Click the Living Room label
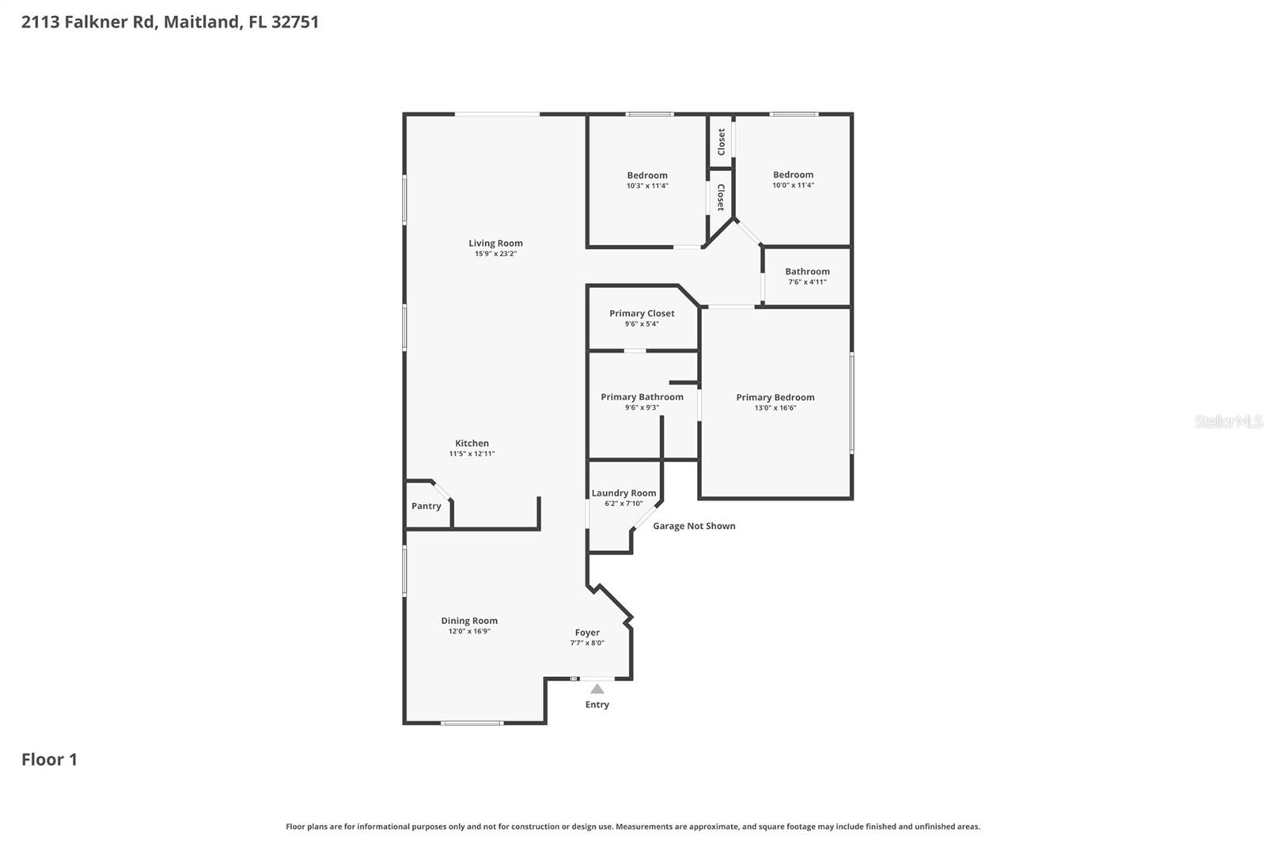[495, 244]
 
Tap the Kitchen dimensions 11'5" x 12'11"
[472, 454]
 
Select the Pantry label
[426, 506]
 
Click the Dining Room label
[469, 621]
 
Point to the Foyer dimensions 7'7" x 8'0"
[587, 643]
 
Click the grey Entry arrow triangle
[597, 690]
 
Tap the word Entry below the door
[597, 705]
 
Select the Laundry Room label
[624, 493]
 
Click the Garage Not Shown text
[694, 526]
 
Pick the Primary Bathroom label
[642, 397]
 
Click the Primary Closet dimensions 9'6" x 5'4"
[642, 324]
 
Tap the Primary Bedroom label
[775, 398]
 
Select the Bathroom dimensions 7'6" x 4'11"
[807, 282]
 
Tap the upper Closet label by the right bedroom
[721, 142]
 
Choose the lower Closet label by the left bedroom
[720, 198]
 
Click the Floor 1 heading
[49, 759]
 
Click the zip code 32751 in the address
[294, 21]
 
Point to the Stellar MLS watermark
[1228, 421]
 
